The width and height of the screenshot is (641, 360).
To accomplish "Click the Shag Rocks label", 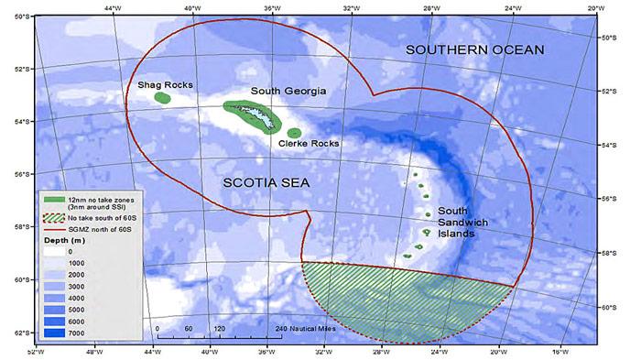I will [x=165, y=85].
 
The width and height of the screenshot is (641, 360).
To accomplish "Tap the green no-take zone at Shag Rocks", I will [x=162, y=97].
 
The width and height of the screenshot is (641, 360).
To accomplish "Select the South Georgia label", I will [x=288, y=92].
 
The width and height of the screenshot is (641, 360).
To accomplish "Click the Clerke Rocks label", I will [x=308, y=144].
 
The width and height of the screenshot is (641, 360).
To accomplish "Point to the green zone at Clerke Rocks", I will [x=294, y=133].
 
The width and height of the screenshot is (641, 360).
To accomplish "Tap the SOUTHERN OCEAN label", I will [x=475, y=49].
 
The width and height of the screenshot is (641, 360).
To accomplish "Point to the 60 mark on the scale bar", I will [x=188, y=327].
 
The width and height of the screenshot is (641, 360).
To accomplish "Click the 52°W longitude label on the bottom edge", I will [x=36, y=353].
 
